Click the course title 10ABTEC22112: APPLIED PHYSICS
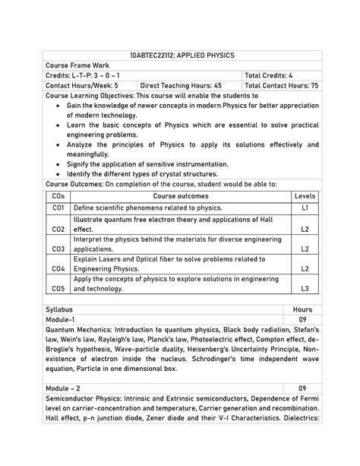point(182,56)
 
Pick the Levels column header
point(305,196)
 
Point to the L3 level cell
point(305,289)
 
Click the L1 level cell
point(305,208)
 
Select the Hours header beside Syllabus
point(302,310)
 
